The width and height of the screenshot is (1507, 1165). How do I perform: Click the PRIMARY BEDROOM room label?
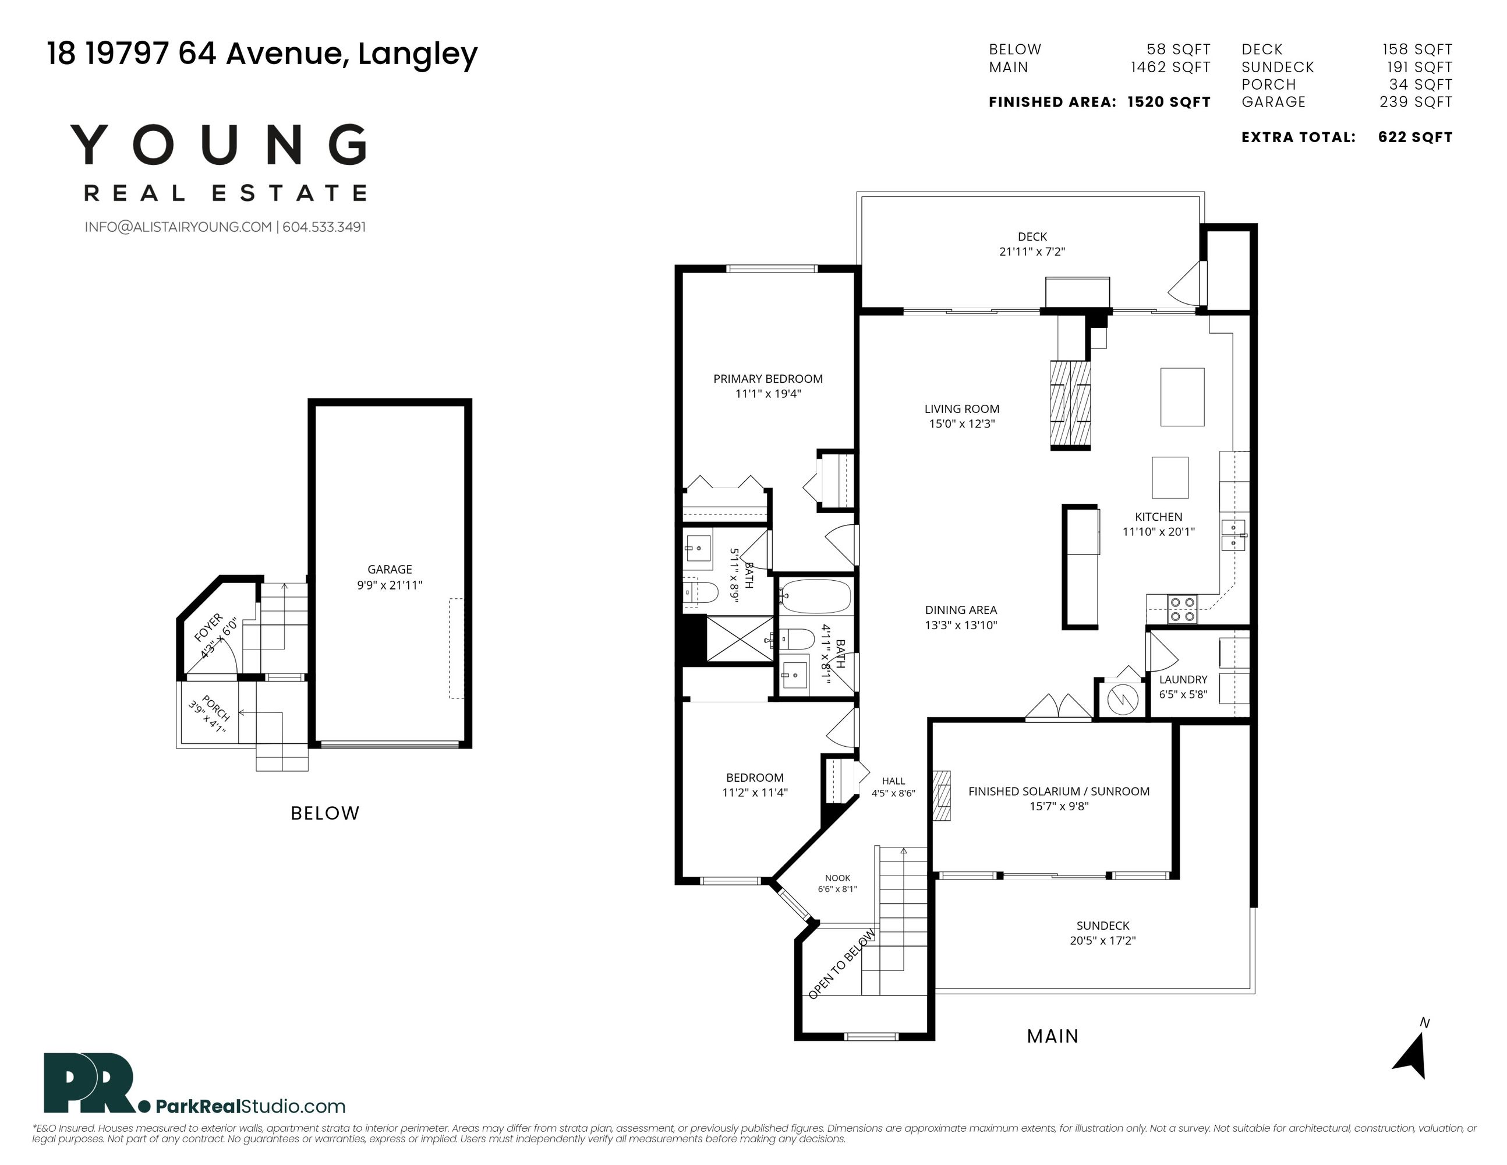coord(767,378)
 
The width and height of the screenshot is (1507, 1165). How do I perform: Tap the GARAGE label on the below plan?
coord(390,569)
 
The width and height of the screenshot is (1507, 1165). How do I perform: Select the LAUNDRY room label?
coord(1183,680)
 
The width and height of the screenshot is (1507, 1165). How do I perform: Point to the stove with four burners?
coord(1182,609)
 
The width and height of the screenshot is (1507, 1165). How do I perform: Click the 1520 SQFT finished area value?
coord(1169,102)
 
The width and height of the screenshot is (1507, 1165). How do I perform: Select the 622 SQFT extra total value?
coord(1415,137)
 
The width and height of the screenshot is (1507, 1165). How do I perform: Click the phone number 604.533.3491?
coord(324,227)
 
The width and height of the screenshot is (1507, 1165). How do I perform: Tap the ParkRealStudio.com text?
coord(250,1106)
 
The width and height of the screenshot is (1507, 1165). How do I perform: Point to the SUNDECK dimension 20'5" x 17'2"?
coord(1103,941)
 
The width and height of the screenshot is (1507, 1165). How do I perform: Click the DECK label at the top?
coord(1032,236)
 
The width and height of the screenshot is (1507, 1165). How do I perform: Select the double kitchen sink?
coord(1233,535)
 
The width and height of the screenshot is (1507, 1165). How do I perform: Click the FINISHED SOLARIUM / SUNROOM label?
coord(1059,792)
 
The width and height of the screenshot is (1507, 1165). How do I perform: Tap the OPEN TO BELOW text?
coord(842,964)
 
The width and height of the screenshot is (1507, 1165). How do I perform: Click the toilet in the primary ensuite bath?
coord(702,591)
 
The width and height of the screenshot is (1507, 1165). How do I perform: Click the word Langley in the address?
coord(418,54)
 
